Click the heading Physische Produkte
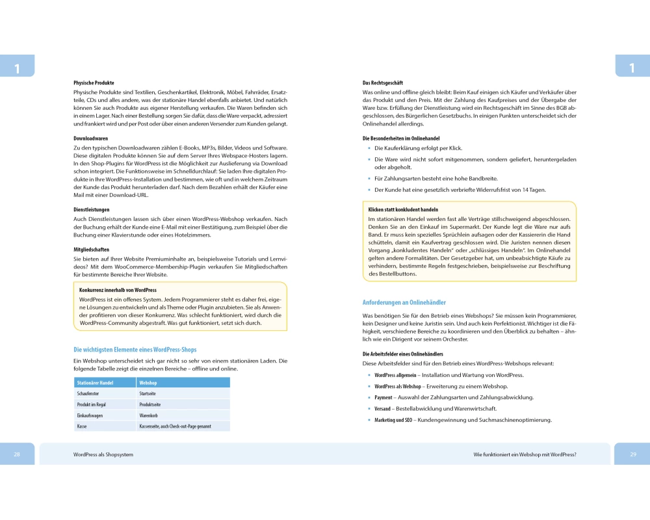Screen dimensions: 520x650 [x=94, y=83]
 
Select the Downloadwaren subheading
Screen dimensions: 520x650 [x=90, y=138]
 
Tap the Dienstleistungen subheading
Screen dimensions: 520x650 [x=91, y=210]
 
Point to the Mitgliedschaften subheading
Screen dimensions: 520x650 [x=92, y=250]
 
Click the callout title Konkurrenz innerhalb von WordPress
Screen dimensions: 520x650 [x=118, y=290]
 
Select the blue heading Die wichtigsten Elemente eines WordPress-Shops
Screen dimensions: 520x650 [x=135, y=350]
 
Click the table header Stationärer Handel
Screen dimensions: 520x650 [x=95, y=383]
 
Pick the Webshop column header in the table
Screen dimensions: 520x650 [x=148, y=383]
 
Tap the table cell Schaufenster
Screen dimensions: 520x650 [x=88, y=394]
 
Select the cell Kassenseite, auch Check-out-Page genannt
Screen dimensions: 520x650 [x=175, y=426]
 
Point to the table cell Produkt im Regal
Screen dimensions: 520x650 [x=92, y=404]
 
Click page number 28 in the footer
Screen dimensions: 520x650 [x=17, y=455]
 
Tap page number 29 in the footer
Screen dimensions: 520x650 [x=632, y=455]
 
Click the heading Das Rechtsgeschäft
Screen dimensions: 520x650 [x=383, y=83]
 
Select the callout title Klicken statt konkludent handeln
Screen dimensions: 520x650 [x=403, y=210]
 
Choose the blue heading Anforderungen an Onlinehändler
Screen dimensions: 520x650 [x=404, y=302]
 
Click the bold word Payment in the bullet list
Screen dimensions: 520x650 [x=383, y=397]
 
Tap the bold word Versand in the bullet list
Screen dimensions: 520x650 [x=382, y=409]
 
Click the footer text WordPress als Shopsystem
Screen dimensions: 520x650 [x=103, y=455]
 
